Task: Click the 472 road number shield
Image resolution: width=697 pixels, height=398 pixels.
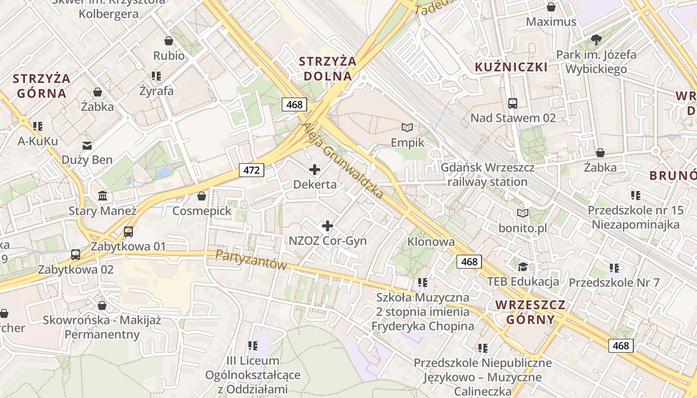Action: click(252, 170)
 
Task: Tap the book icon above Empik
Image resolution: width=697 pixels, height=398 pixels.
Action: click(407, 128)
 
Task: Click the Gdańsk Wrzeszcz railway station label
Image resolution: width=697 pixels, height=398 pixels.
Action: click(487, 175)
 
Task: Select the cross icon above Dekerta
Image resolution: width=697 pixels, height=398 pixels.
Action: click(315, 170)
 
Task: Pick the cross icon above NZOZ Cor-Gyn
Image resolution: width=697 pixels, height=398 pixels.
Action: click(328, 226)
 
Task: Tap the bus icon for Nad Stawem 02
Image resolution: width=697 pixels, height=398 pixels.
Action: click(513, 103)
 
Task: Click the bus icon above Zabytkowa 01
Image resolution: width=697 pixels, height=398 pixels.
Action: click(128, 232)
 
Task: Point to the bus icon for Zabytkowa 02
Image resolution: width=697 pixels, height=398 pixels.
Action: click(76, 255)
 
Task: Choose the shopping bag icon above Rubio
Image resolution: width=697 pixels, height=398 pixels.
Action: click(169, 41)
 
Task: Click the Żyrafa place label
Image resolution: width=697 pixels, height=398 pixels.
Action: click(156, 91)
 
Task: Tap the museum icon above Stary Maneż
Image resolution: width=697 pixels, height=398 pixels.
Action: click(103, 196)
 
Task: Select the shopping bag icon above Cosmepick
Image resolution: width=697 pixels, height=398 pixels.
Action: click(202, 196)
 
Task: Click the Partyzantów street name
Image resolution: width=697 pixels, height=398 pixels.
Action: click(251, 260)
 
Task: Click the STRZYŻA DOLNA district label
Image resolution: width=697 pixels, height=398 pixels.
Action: click(328, 69)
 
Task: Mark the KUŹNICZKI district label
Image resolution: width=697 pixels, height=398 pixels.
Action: click(511, 67)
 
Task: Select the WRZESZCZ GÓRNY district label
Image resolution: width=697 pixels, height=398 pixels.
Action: click(530, 312)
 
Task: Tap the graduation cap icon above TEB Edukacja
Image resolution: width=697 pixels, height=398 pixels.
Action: click(523, 267)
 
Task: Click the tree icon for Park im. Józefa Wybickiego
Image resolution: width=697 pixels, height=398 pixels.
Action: click(596, 40)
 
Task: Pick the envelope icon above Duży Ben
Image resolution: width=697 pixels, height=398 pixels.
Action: click(87, 145)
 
